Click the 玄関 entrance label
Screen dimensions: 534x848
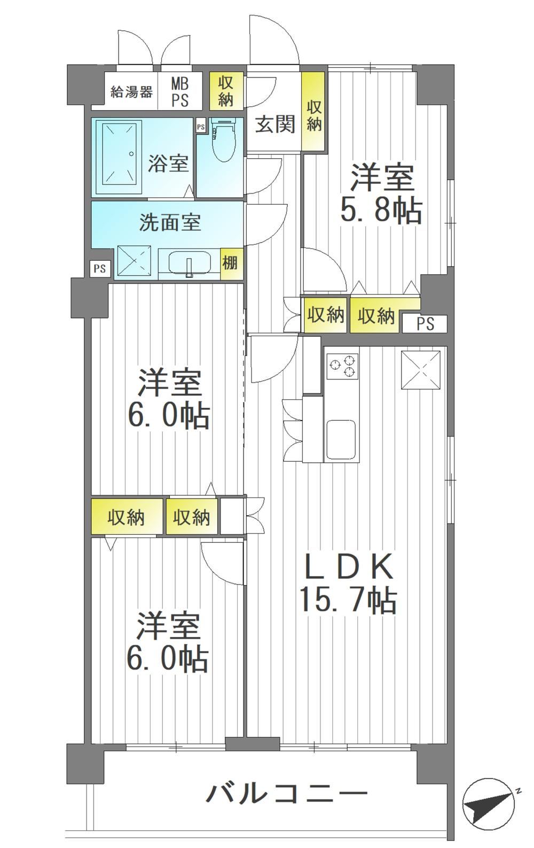pos(275,124)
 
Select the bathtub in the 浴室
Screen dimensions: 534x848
pos(119,157)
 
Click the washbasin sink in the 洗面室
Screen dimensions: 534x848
pos(189,262)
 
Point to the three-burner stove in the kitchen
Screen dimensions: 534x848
pos(342,365)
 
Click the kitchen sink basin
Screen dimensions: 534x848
pos(340,439)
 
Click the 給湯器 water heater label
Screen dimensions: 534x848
pos(132,92)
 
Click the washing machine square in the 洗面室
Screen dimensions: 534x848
pos(135,263)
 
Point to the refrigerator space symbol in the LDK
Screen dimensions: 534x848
pos(421,369)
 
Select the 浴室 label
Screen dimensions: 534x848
pos(168,164)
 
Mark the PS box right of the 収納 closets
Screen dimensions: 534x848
pos(425,324)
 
